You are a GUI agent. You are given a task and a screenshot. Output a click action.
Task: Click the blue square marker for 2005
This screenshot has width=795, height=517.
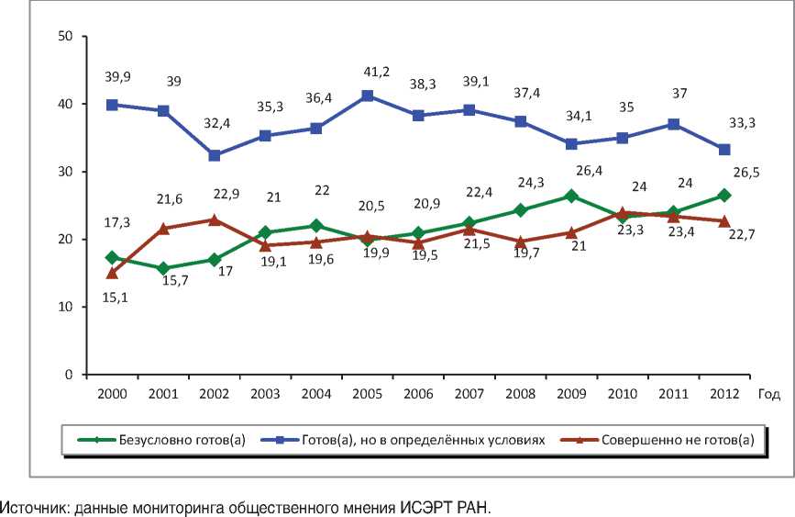click(367, 96)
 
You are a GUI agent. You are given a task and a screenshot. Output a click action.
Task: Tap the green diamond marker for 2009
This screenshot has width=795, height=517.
click(570, 196)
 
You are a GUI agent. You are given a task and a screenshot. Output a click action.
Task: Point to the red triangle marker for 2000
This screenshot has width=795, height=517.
click(112, 273)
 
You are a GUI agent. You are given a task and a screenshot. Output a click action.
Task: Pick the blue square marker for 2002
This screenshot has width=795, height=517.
click(214, 155)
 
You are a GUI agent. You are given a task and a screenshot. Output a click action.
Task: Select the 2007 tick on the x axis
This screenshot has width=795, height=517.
click(469, 395)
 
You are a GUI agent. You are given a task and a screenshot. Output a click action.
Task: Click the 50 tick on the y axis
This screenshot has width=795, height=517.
click(65, 37)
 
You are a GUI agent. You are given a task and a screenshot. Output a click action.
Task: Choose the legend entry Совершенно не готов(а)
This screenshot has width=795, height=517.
click(677, 440)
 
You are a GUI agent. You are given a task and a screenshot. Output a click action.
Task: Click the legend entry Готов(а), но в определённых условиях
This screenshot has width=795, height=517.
click(423, 440)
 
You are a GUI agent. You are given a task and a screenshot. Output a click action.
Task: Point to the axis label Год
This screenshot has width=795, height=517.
click(770, 395)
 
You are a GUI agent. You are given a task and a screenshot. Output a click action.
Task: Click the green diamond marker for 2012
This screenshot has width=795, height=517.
click(723, 195)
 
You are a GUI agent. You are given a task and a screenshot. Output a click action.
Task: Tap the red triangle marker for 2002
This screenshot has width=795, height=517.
click(214, 219)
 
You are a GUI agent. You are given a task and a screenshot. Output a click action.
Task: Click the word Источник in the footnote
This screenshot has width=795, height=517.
click(29, 507)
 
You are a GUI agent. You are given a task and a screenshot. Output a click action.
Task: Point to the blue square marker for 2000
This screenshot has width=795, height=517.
click(112, 105)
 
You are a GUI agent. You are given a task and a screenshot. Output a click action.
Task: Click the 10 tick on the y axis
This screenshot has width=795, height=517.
click(65, 307)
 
